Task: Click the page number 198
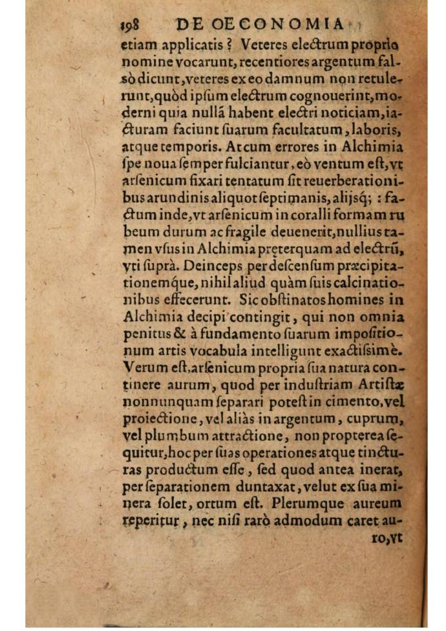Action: pos(131,25)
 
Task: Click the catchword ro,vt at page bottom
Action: pos(390,536)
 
